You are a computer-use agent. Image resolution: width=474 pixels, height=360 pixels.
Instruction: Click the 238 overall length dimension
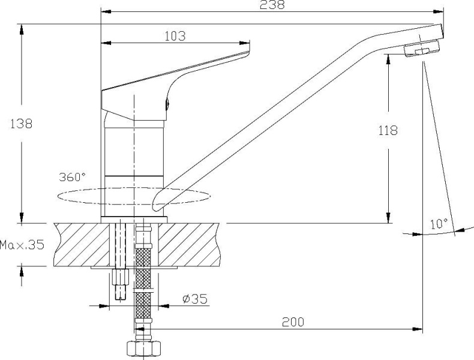(x=272, y=5)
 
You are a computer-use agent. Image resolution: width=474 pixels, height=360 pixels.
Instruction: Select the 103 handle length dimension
(x=175, y=36)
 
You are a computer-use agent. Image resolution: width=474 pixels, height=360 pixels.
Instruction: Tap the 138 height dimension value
(x=21, y=124)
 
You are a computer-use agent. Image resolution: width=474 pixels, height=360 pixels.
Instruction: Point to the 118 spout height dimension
(x=388, y=131)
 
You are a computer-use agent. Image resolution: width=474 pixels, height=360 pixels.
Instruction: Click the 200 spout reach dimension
(x=293, y=322)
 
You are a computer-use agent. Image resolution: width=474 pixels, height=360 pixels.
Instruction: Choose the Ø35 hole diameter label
(x=195, y=299)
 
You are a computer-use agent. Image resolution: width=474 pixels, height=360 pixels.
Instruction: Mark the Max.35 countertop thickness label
(x=22, y=245)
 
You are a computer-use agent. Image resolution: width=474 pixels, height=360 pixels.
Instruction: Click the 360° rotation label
(x=72, y=177)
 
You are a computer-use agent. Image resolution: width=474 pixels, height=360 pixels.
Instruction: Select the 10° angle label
(x=439, y=224)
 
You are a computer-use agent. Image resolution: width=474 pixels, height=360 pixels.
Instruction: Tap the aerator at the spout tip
(x=421, y=49)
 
